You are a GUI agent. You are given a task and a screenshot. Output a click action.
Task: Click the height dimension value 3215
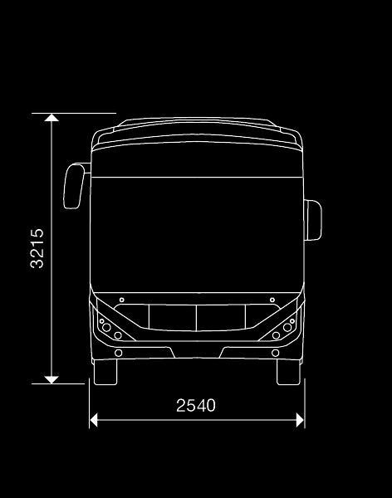click(x=37, y=248)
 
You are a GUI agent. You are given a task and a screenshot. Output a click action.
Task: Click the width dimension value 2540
click(x=196, y=406)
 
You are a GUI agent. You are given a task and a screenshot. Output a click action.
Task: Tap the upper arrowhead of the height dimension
click(x=51, y=118)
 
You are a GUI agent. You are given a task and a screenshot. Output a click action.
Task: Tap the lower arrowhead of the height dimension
click(x=51, y=379)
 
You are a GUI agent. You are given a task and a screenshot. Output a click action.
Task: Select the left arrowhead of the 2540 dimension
click(x=94, y=420)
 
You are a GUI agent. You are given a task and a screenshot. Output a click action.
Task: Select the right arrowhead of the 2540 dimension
click(x=300, y=420)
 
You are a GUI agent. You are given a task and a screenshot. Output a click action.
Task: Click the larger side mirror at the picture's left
click(x=74, y=186)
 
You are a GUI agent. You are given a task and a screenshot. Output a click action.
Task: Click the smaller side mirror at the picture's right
click(x=313, y=220)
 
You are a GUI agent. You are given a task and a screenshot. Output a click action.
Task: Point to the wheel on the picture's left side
click(x=105, y=372)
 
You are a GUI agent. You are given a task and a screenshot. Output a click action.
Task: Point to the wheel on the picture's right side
click(x=288, y=372)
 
